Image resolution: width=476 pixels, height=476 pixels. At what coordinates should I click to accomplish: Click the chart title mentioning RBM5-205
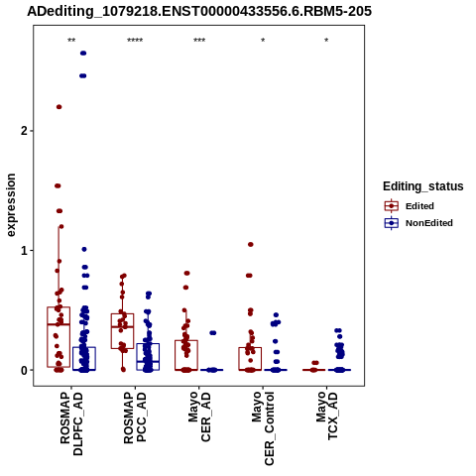[199, 11]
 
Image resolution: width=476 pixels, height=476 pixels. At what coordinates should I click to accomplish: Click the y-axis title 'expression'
[11, 205]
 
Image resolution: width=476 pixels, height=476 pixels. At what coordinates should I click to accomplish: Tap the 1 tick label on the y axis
[24, 251]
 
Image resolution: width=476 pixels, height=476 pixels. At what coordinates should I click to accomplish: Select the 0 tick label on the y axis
[24, 370]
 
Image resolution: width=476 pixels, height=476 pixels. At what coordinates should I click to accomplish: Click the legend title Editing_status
[423, 186]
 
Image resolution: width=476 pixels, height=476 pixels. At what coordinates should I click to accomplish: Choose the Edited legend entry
[409, 206]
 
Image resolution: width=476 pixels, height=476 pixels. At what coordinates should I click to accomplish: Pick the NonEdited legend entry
[418, 223]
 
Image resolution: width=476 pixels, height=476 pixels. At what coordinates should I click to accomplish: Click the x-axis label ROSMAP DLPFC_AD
[71, 423]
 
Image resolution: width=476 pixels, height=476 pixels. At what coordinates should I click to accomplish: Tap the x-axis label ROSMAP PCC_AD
[135, 417]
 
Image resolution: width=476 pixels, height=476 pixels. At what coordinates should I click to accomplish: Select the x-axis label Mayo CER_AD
[199, 416]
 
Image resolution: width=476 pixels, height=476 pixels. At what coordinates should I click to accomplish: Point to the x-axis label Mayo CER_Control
[263, 428]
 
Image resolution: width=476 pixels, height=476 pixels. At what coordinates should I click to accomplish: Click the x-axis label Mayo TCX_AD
[326, 416]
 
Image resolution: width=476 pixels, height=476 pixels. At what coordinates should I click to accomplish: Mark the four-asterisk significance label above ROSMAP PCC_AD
[135, 41]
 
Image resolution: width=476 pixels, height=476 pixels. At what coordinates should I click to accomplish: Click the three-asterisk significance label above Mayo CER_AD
[199, 41]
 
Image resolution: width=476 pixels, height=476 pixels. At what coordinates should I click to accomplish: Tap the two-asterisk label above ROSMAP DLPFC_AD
[71, 41]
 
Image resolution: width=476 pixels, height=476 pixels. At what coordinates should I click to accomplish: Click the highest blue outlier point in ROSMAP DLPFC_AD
[83, 54]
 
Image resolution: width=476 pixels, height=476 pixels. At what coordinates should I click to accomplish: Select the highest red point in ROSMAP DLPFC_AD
[59, 107]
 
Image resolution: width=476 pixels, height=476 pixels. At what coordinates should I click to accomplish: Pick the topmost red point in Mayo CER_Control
[251, 245]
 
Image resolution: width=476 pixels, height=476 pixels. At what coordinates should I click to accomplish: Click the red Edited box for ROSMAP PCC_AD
[123, 331]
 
